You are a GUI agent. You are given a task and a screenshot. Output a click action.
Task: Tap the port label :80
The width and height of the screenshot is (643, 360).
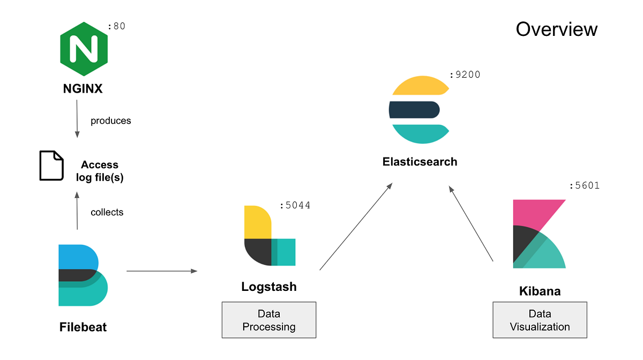[x=116, y=26]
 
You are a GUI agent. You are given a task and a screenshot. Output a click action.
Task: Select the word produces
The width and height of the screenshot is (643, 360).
[x=110, y=121]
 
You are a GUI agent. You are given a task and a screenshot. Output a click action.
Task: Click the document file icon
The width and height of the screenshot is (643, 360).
[x=52, y=166]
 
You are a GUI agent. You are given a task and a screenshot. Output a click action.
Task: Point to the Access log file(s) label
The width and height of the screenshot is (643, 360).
[x=100, y=171]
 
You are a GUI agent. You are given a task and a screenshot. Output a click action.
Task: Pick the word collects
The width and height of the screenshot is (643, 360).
[x=107, y=212]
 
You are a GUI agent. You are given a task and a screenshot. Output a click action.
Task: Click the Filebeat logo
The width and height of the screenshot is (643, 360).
[x=83, y=275]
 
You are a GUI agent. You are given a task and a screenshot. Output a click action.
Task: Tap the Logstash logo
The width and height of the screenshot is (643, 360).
[x=269, y=235]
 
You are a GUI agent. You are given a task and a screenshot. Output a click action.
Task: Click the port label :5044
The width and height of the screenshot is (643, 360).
[x=295, y=205]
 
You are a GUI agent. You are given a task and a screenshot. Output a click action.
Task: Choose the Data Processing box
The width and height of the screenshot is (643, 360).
[x=269, y=320]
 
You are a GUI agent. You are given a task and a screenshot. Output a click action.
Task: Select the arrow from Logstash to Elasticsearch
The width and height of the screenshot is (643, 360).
[x=356, y=226]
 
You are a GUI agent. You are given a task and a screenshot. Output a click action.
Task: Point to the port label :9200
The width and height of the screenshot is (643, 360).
[x=465, y=75]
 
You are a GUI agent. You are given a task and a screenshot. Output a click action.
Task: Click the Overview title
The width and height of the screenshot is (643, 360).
[x=556, y=29]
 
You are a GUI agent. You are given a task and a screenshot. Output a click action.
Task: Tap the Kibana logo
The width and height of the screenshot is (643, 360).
[x=539, y=234]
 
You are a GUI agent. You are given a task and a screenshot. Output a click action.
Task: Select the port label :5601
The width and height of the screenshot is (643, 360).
[x=584, y=186]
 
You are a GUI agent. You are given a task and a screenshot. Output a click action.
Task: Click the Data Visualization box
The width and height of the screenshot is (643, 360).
[x=540, y=320]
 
